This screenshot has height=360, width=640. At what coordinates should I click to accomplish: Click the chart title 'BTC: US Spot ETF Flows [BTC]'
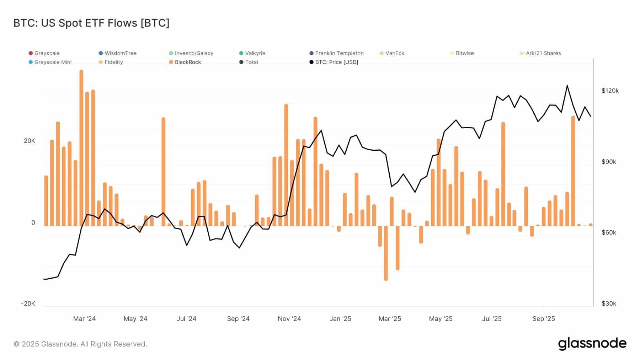[x=91, y=23]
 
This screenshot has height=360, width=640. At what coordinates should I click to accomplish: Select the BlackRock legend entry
[x=188, y=62]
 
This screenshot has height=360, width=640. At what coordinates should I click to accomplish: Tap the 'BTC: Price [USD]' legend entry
[x=336, y=62]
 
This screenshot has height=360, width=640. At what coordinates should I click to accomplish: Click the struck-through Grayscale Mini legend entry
[x=53, y=62]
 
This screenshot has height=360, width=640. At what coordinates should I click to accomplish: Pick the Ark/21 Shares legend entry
[x=543, y=53]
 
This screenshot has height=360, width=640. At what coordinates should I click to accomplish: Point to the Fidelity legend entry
[x=113, y=62]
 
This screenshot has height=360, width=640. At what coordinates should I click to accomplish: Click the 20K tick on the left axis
[x=30, y=141]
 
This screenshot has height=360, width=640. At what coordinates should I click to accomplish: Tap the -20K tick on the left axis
[x=28, y=303]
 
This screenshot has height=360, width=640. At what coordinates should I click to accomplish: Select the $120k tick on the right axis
[x=610, y=91]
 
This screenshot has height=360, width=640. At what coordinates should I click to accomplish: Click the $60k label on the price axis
[x=609, y=232]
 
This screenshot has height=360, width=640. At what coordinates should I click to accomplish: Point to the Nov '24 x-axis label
[x=289, y=319]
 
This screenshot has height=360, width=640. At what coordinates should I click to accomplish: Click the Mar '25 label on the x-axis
[x=390, y=319]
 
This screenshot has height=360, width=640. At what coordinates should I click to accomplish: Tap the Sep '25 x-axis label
[x=543, y=319]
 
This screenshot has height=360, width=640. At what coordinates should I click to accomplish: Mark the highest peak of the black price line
[x=567, y=86]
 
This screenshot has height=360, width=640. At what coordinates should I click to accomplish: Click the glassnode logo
[x=592, y=344]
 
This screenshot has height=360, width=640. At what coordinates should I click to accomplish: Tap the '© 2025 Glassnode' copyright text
[x=80, y=344]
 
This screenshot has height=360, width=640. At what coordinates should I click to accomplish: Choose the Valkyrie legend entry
[x=255, y=53]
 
